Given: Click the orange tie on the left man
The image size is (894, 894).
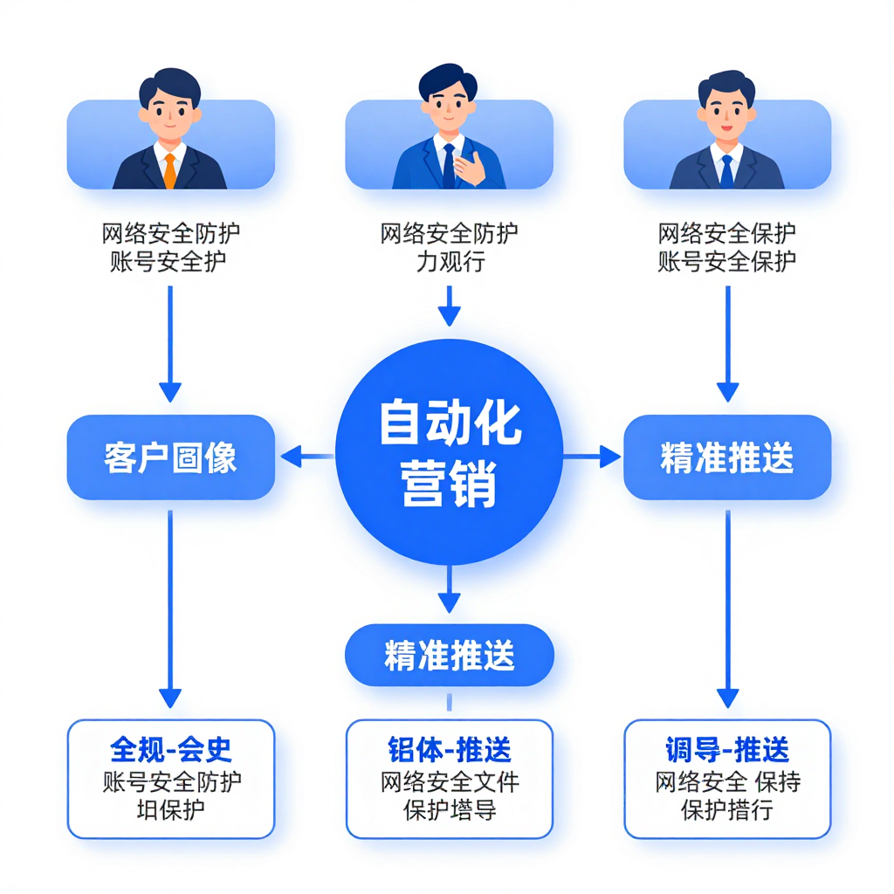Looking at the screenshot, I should pos(169,169).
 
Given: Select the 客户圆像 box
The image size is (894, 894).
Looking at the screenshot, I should pos(170,457).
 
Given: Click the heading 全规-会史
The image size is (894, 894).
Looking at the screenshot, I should pos(171,749).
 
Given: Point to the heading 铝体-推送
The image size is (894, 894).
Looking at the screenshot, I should pos(449,749).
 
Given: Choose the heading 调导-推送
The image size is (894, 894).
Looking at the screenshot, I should pos(727,749).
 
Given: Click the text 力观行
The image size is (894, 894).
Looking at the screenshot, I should pos(449,261).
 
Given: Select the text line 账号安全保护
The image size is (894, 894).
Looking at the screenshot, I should pos(727,261).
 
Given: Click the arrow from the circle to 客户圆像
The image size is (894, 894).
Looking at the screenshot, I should pos(306,456).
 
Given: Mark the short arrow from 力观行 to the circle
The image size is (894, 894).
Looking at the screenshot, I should pos(449,307).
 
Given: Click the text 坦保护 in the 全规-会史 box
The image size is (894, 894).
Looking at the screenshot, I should pos(171,808).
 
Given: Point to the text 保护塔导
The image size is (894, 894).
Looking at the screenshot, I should pos(449,808).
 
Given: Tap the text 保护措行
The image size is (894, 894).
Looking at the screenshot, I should pos(727,808).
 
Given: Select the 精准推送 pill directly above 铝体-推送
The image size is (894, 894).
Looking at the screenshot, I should pos(449,655).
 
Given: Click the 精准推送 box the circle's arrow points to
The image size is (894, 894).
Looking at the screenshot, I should pos(727,457).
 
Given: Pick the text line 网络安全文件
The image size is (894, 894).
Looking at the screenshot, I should pos(449,781).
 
